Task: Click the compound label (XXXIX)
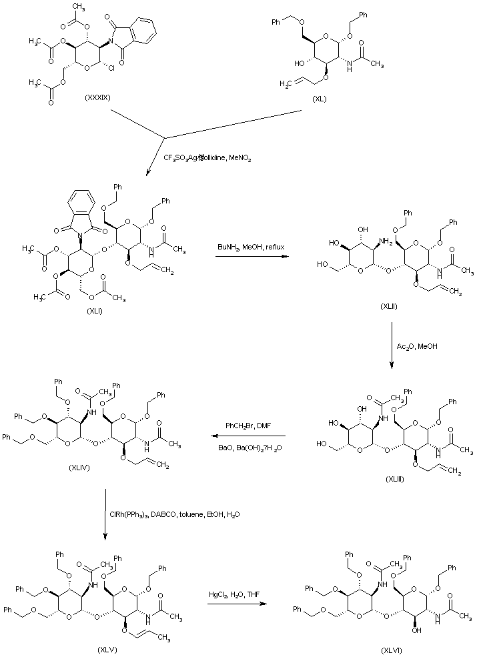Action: tap(102, 97)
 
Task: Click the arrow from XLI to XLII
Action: tap(248, 255)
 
